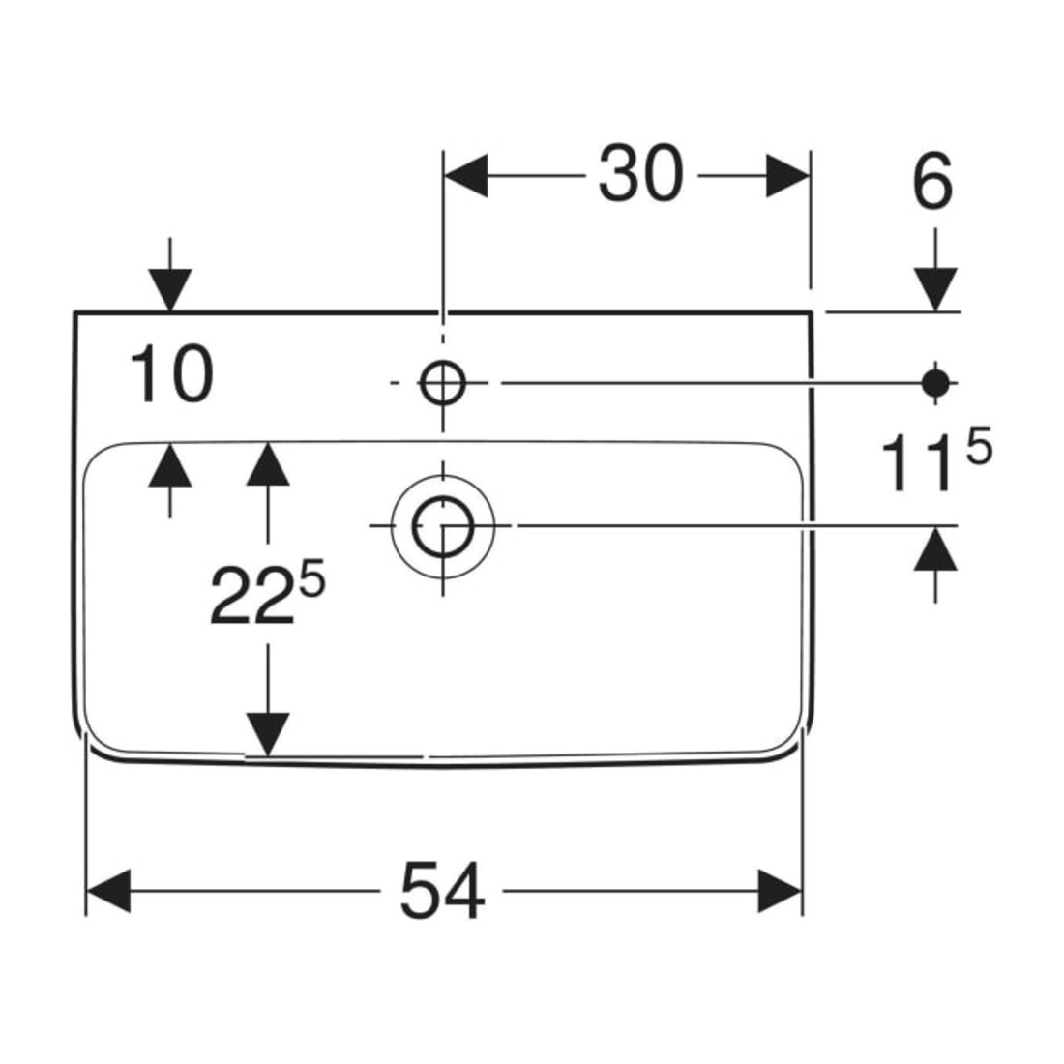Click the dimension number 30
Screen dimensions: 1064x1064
point(640,174)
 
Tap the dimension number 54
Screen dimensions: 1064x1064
point(442,891)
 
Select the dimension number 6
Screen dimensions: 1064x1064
point(932,182)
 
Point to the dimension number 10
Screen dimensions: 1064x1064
point(171,374)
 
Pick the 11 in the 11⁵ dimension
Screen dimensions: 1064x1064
point(920,463)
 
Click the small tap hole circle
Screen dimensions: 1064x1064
point(443,383)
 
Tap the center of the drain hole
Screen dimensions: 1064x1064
point(443,526)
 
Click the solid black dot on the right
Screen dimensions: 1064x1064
point(935,383)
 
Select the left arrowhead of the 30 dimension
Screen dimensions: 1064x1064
point(465,176)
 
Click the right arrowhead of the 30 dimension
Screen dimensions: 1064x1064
point(787,176)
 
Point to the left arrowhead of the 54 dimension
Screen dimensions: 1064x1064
point(108,891)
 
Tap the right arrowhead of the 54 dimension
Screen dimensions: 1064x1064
point(781,891)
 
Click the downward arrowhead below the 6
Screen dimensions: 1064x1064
point(935,290)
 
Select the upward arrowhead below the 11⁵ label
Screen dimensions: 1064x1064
point(935,549)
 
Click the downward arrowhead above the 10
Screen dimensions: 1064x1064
point(170,290)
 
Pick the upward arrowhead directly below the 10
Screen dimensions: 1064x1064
point(170,465)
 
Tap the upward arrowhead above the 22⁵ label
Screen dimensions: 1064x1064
point(268,464)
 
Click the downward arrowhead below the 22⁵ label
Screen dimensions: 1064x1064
point(268,734)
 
